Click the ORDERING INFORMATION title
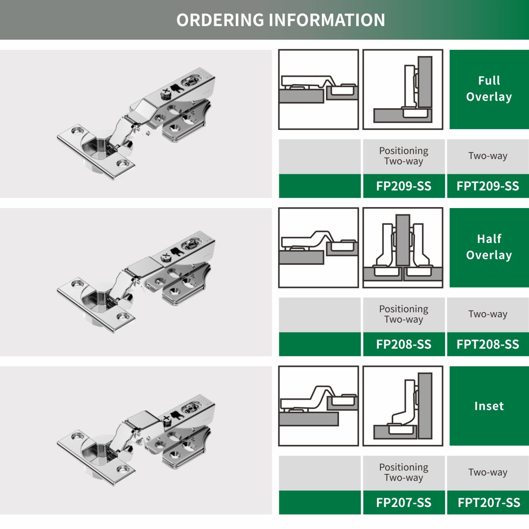[x=280, y=20]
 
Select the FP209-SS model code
[x=403, y=186]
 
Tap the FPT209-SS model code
[x=488, y=186]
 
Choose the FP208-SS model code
[x=403, y=344]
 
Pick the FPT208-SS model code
[x=488, y=344]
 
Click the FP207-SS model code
[x=403, y=503]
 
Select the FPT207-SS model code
[x=488, y=503]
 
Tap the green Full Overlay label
[x=489, y=89]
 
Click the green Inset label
[x=489, y=406]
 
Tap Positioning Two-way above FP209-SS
[x=403, y=156]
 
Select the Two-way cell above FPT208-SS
[x=488, y=314]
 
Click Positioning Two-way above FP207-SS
[x=403, y=473]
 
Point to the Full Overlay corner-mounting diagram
[x=403, y=89]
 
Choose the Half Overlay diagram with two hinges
[x=403, y=248]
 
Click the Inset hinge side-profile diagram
[x=318, y=406]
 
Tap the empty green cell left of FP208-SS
[x=320, y=344]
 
